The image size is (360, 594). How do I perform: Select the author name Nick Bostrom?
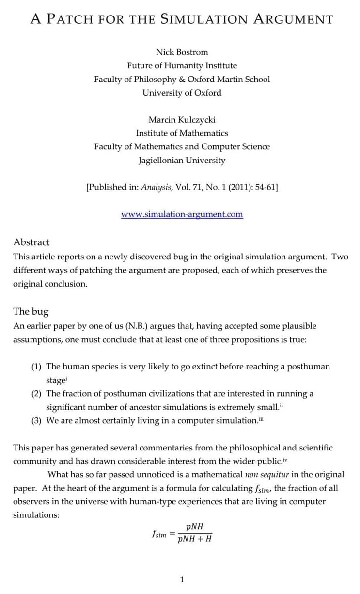182,52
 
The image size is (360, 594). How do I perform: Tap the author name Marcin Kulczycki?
182,119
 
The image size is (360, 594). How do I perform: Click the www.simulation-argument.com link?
182,214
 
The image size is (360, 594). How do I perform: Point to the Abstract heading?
31,242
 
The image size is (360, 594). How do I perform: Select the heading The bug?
31,311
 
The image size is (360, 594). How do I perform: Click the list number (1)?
37,367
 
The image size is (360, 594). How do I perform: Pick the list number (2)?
37,394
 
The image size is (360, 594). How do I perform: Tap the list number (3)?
37,421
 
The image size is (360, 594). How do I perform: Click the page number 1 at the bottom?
182,579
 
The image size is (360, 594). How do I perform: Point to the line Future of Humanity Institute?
182,65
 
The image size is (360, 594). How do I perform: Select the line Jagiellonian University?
182,160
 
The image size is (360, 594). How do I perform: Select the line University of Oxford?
182,93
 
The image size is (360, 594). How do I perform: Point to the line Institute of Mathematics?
182,133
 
